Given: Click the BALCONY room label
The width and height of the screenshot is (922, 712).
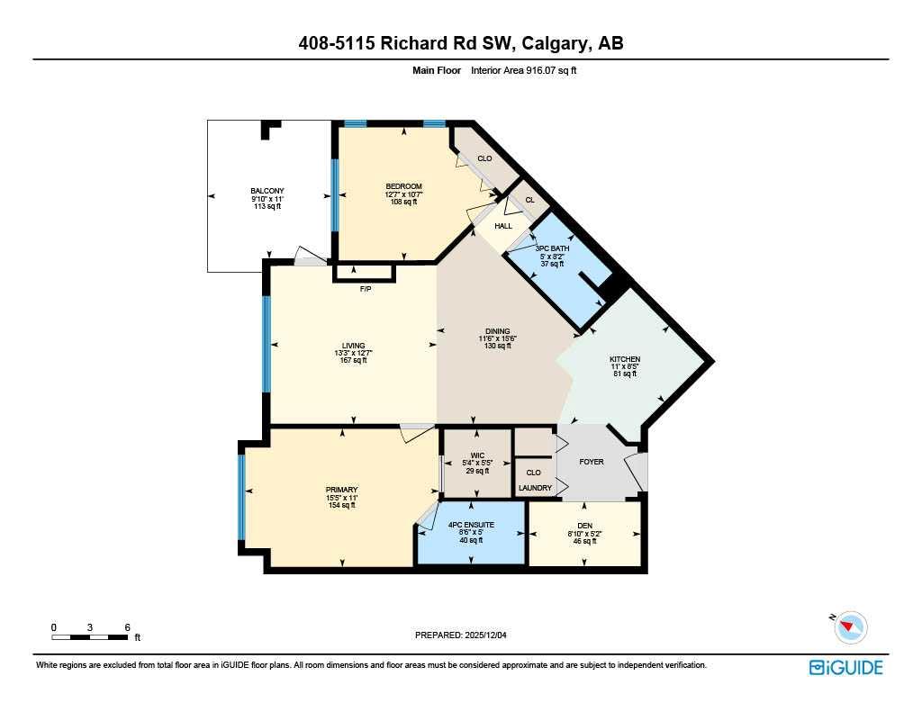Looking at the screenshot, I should click(267, 190).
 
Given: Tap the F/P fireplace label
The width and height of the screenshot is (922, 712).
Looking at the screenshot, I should click(366, 290).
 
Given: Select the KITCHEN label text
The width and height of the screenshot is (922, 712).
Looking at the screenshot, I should click(624, 359).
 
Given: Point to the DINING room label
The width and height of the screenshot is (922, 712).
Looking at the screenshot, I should click(497, 330).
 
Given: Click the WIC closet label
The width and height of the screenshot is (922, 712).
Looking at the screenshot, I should click(477, 455).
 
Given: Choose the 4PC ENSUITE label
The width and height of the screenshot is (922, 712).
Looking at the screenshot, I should click(470, 524).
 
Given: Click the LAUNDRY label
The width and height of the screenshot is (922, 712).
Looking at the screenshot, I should click(535, 488).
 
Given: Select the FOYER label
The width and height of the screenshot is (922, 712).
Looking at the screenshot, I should click(591, 462).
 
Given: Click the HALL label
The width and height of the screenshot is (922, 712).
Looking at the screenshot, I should click(503, 226).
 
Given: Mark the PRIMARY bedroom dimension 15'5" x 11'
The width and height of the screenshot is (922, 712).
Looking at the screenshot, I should click(341, 498).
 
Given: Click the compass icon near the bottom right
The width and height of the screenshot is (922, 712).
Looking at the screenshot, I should click(851, 626).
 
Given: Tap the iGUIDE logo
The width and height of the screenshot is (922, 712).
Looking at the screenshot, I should click(845, 667).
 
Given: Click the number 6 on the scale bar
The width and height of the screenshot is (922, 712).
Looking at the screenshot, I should click(128, 626).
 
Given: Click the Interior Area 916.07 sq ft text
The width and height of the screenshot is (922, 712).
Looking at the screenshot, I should click(523, 69).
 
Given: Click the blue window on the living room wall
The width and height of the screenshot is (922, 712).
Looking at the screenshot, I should click(267, 345).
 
